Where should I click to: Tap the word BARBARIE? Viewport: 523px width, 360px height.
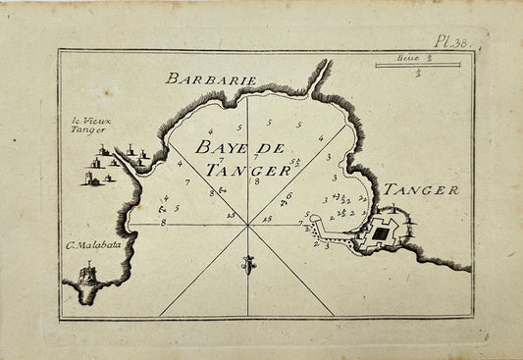point(211,78)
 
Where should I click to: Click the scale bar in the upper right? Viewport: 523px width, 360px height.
point(417,66)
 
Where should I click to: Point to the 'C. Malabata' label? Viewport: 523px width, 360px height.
point(94,244)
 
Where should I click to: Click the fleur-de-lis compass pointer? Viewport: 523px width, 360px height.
point(248,263)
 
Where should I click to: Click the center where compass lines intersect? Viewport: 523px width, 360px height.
point(247,225)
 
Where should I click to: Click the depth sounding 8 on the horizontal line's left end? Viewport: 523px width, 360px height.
point(163,224)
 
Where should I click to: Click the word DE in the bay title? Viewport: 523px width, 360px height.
point(268,148)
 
